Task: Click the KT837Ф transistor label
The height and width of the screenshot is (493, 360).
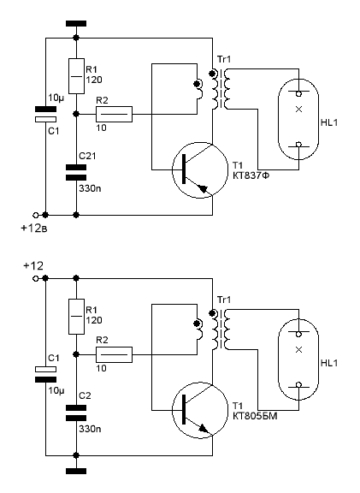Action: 251,175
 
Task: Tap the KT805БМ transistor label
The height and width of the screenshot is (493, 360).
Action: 255,416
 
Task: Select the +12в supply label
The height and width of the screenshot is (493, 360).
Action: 34,228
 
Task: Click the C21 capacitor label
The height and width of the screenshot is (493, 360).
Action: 87,156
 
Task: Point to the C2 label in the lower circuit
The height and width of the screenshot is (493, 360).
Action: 85,395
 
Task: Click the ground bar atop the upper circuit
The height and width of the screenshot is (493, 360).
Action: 76,23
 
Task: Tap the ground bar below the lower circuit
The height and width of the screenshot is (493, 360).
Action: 76,471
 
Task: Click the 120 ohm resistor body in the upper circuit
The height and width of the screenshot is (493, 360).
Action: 76,76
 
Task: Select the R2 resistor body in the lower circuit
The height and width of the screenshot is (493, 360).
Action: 114,354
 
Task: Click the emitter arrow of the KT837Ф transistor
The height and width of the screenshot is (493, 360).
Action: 204,189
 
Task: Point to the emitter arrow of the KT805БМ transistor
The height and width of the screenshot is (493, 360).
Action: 204,429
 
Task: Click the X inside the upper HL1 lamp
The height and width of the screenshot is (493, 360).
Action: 298,109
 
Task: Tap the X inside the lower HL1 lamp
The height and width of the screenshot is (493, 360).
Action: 298,349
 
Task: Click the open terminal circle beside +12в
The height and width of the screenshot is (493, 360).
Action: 36,215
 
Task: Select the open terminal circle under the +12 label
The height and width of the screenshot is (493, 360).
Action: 36,278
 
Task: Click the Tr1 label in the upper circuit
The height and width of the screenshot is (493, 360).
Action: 224,59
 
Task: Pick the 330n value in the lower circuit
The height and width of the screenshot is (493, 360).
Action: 90,429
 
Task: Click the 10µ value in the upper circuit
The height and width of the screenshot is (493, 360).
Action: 56,98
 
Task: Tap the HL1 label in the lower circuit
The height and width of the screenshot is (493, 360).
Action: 329,363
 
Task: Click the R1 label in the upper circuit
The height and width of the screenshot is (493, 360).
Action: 91,69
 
